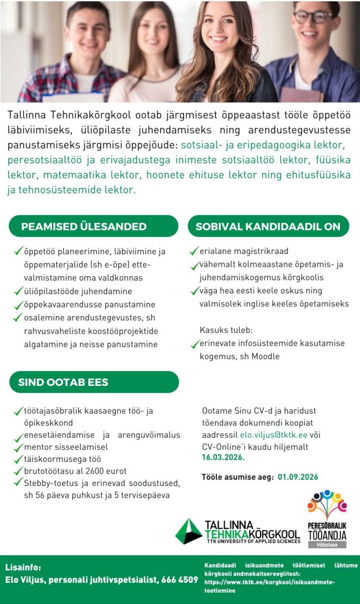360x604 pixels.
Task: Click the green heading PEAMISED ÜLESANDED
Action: [x=84, y=226]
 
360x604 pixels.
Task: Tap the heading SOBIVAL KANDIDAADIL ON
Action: [x=268, y=226]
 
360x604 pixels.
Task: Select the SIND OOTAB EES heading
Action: [x=63, y=383]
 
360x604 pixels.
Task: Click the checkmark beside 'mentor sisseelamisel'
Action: [x=18, y=447]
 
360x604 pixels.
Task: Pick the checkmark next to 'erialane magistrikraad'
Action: [x=195, y=251]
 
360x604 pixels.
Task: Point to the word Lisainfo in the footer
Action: [x=23, y=567]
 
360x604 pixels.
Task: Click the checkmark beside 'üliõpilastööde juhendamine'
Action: [x=18, y=291]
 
